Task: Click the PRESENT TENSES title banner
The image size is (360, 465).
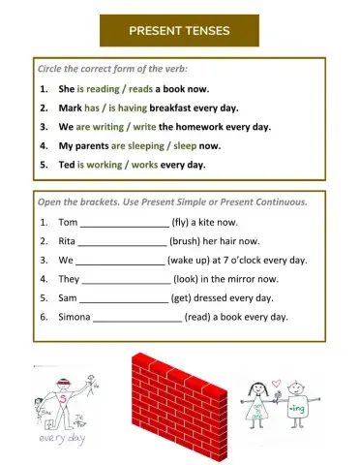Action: (179, 31)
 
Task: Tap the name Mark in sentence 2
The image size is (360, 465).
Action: (71, 108)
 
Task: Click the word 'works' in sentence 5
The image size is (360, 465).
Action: (142, 165)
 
